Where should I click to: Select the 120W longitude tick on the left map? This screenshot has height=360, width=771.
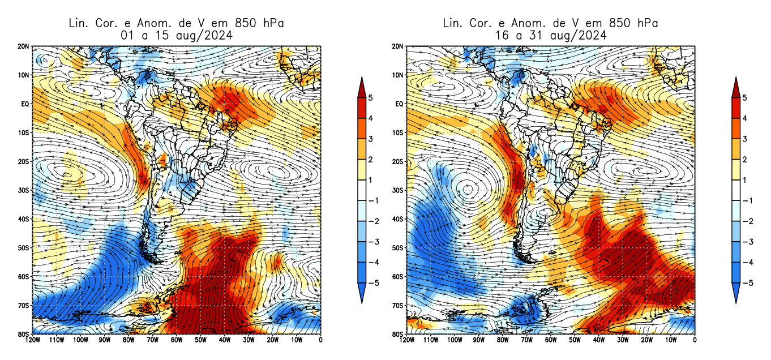[x=32, y=340]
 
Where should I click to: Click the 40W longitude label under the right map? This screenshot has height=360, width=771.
[x=598, y=340]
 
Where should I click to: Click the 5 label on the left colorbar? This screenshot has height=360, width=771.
[x=370, y=98]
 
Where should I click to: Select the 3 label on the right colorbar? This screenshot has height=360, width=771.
[x=744, y=139]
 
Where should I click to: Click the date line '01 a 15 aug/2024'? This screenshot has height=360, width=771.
[x=175, y=35]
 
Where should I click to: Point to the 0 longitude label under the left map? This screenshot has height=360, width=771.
[x=321, y=340]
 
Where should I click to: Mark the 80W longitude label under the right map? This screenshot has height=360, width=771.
[x=502, y=340]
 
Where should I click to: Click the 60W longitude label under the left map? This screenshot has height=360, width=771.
[x=177, y=340]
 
